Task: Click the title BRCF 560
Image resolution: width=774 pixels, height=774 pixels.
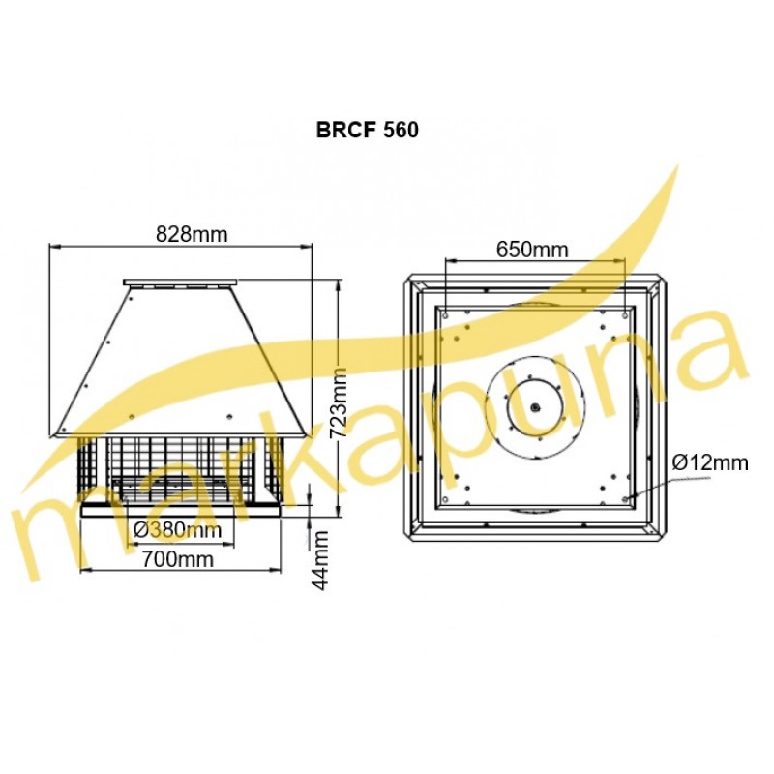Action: (368, 130)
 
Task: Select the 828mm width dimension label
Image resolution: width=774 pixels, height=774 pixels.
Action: (192, 234)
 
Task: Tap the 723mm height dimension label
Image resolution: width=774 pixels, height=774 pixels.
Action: (338, 403)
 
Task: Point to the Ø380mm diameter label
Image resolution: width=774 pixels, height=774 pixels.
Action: (178, 530)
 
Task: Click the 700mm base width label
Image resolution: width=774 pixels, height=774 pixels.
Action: (178, 559)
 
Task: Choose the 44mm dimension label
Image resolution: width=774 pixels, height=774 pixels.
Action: (321, 560)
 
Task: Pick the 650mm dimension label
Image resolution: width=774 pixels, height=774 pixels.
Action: (532, 250)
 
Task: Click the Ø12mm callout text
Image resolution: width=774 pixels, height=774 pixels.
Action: (711, 463)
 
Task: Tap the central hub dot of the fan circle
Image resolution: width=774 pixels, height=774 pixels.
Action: (536, 407)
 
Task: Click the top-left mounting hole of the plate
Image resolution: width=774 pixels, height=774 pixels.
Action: (446, 315)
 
